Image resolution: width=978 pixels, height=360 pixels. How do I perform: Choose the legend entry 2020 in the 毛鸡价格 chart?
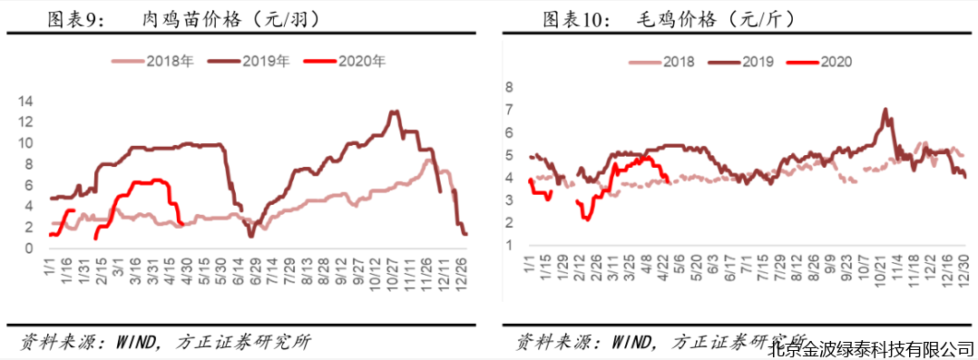(835, 62)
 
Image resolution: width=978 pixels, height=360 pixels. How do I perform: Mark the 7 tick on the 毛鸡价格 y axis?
(510, 110)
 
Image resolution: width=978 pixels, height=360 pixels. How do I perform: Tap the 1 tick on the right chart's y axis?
(510, 246)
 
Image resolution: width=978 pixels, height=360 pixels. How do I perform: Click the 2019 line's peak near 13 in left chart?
(393, 112)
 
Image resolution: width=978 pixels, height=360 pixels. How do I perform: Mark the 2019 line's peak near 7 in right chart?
(885, 110)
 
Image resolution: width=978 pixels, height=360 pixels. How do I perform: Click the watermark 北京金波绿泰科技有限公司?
(871, 348)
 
